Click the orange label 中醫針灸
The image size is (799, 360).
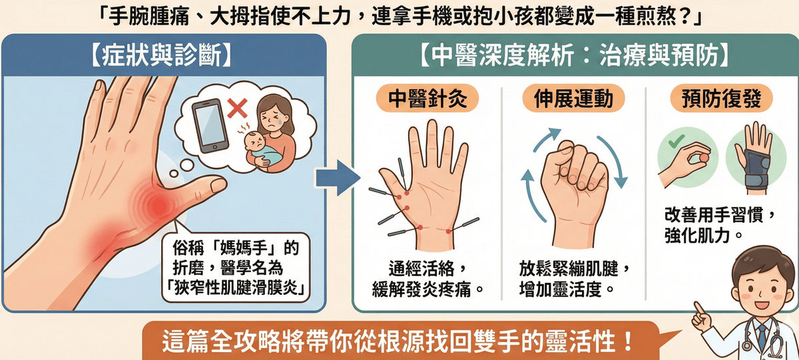(x=426, y=100)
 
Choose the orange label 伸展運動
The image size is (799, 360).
(x=573, y=100)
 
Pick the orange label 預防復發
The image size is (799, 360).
(x=718, y=100)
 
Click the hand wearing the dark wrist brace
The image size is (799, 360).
(x=752, y=160)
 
